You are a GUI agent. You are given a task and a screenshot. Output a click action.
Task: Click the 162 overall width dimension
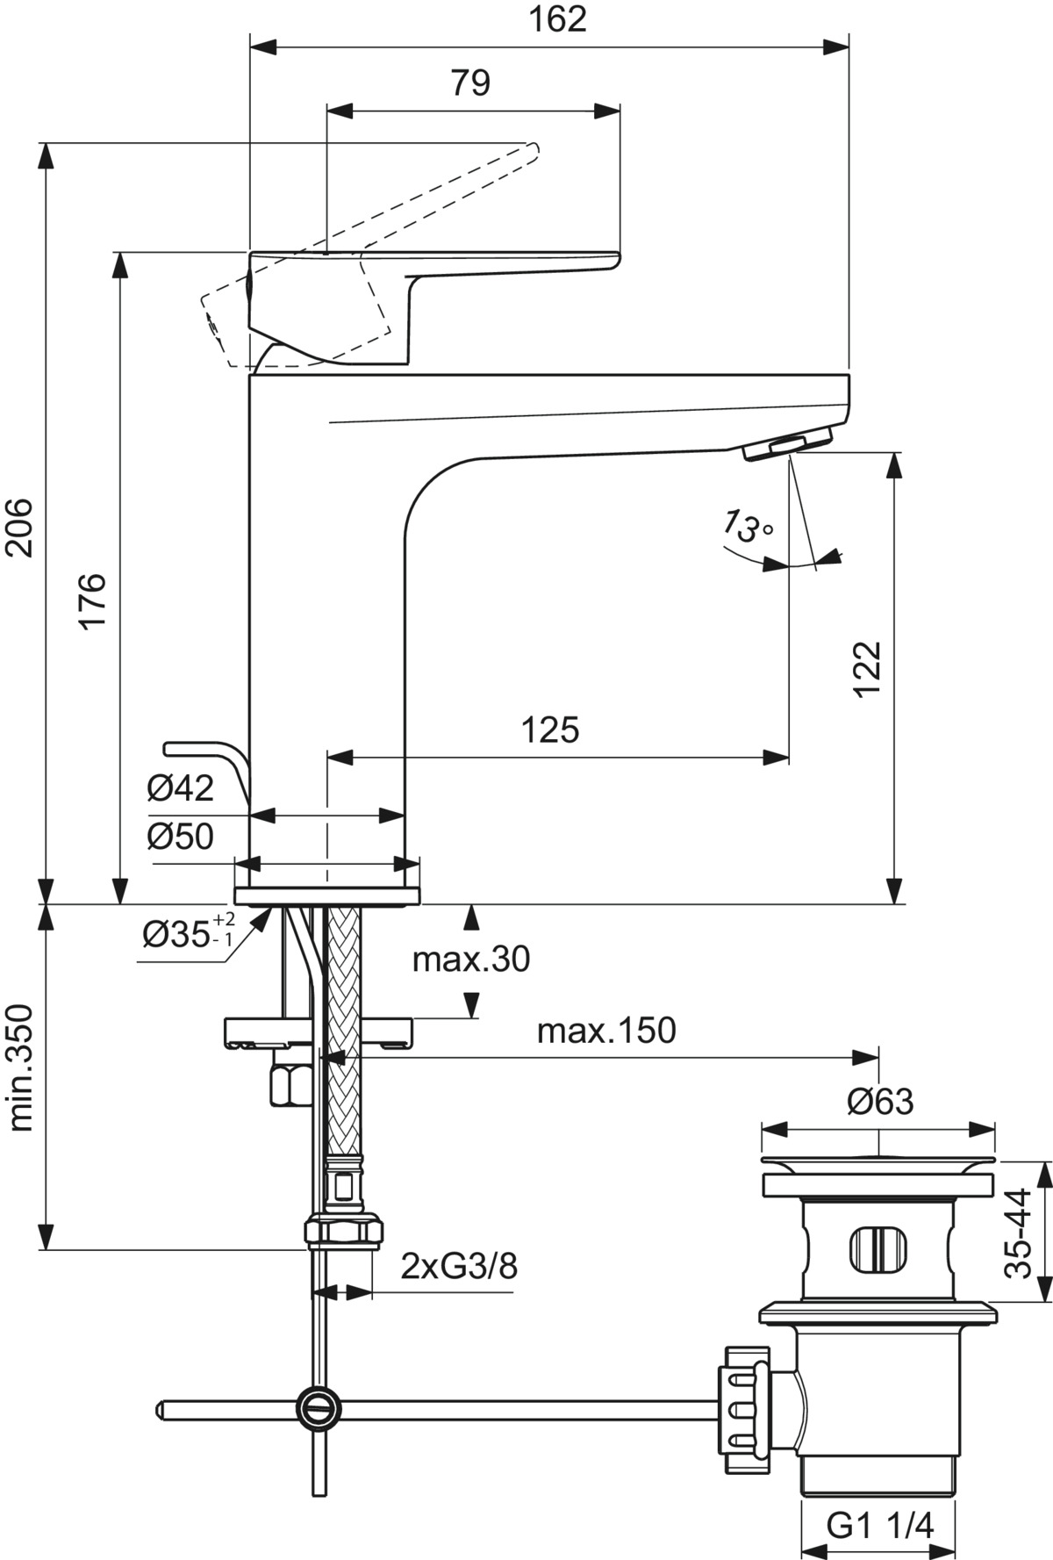[558, 19]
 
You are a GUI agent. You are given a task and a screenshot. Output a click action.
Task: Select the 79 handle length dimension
[470, 83]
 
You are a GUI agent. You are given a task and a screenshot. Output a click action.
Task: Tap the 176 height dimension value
[93, 600]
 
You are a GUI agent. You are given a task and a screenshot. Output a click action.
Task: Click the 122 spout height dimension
[867, 669]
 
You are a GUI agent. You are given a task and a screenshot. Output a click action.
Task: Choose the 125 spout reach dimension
[551, 730]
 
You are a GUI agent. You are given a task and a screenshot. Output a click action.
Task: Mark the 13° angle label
[747, 527]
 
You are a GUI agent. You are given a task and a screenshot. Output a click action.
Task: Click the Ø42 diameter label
[180, 788]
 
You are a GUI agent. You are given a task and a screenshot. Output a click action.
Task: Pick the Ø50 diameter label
[180, 836]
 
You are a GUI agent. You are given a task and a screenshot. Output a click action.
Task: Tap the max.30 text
[471, 960]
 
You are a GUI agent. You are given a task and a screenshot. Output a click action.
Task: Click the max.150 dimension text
[606, 1031]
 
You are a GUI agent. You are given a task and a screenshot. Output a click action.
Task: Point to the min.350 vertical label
[19, 1068]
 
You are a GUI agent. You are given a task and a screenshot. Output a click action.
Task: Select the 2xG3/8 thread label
[458, 1267]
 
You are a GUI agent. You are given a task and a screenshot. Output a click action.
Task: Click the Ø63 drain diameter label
[879, 1101]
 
